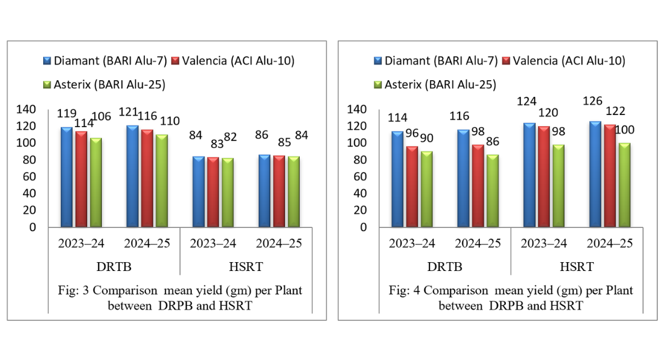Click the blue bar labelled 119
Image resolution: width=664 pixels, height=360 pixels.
click(66, 177)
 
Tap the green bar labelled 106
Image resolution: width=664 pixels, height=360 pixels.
click(96, 182)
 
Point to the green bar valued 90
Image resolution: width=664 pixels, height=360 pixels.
click(427, 189)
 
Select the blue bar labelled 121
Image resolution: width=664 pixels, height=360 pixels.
click(132, 176)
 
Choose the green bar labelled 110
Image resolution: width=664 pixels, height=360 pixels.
click(161, 181)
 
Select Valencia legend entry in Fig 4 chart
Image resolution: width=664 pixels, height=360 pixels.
click(563, 60)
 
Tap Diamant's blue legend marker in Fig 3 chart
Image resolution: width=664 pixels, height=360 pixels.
click(48, 60)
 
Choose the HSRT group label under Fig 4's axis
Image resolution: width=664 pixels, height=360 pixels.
click(577, 267)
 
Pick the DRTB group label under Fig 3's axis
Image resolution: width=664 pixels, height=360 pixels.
click(114, 267)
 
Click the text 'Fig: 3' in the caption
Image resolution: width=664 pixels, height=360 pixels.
click(72, 291)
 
